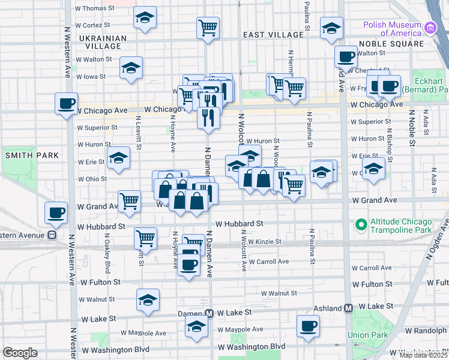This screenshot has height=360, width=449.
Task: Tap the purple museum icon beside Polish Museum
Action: coord(430,28)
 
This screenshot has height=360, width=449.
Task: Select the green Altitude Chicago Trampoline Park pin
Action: coord(360,225)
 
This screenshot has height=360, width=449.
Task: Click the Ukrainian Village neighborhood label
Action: coord(103,41)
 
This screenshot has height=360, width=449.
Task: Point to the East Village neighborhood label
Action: coord(274,35)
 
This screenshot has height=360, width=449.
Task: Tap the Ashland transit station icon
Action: coord(348,308)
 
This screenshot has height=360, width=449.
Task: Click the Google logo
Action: coord(20,353)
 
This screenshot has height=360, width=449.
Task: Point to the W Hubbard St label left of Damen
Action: coord(101,227)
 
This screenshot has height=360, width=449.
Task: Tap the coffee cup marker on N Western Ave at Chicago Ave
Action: coord(66,103)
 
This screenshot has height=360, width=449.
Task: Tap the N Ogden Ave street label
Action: coord(436,241)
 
